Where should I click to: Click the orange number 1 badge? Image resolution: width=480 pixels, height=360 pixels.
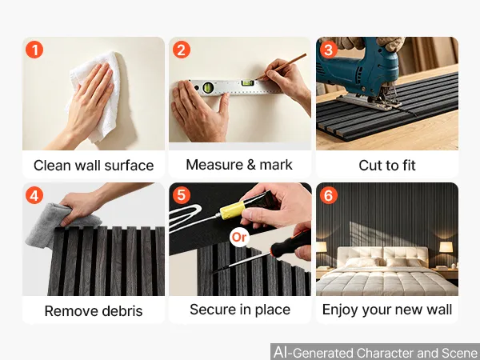pyautogui.click(x=34, y=50)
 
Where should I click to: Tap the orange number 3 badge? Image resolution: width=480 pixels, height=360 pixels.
pyautogui.click(x=329, y=50)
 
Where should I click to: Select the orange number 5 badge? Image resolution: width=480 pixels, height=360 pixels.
pyautogui.click(x=182, y=195)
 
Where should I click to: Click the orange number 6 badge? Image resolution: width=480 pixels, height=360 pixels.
pyautogui.click(x=329, y=195)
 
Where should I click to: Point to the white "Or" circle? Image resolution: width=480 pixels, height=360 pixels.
pyautogui.click(x=239, y=237)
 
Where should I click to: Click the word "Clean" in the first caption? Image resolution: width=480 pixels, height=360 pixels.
pyautogui.click(x=52, y=166)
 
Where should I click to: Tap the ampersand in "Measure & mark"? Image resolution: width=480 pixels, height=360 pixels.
pyautogui.click(x=251, y=165)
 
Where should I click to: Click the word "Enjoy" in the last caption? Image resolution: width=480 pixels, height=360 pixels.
pyautogui.click(x=340, y=310)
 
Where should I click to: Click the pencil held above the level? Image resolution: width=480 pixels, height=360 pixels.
pyautogui.click(x=281, y=66)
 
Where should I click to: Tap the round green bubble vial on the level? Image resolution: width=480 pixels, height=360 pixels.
pyautogui.click(x=208, y=87)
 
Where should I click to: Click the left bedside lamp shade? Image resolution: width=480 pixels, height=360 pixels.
pyautogui.click(x=321, y=247)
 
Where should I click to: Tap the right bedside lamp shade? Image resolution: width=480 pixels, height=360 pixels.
pyautogui.click(x=446, y=247)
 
